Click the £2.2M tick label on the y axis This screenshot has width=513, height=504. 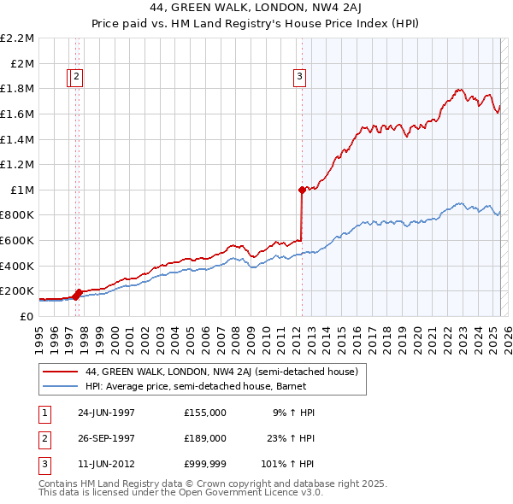coord(17,38)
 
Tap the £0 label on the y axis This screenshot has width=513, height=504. coord(26,316)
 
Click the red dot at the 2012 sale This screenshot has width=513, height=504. coord(302,190)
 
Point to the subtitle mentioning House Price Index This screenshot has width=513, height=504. coord(256,24)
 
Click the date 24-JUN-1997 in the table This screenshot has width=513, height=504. coord(106,412)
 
